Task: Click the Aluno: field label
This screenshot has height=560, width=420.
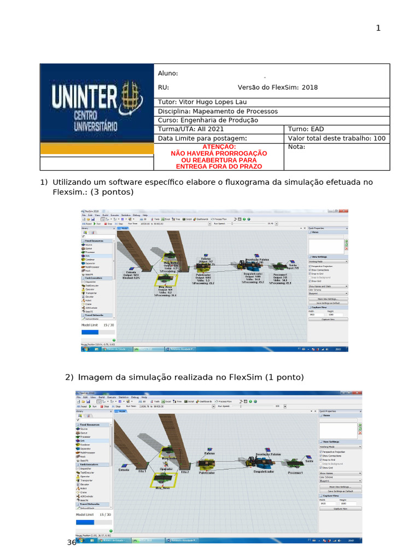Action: click(168, 74)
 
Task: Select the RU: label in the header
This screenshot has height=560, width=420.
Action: click(164, 87)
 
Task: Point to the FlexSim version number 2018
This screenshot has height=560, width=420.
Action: click(310, 87)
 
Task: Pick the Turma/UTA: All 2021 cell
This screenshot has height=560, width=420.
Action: click(191, 129)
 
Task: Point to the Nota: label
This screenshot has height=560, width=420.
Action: click(296, 147)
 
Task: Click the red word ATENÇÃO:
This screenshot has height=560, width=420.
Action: click(219, 147)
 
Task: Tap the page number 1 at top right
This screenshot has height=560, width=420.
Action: click(378, 28)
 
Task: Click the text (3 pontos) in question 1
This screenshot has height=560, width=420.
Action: click(112, 192)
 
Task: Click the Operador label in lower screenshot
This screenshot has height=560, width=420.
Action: click(165, 469)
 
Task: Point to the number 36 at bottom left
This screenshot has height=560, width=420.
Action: click(72, 542)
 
